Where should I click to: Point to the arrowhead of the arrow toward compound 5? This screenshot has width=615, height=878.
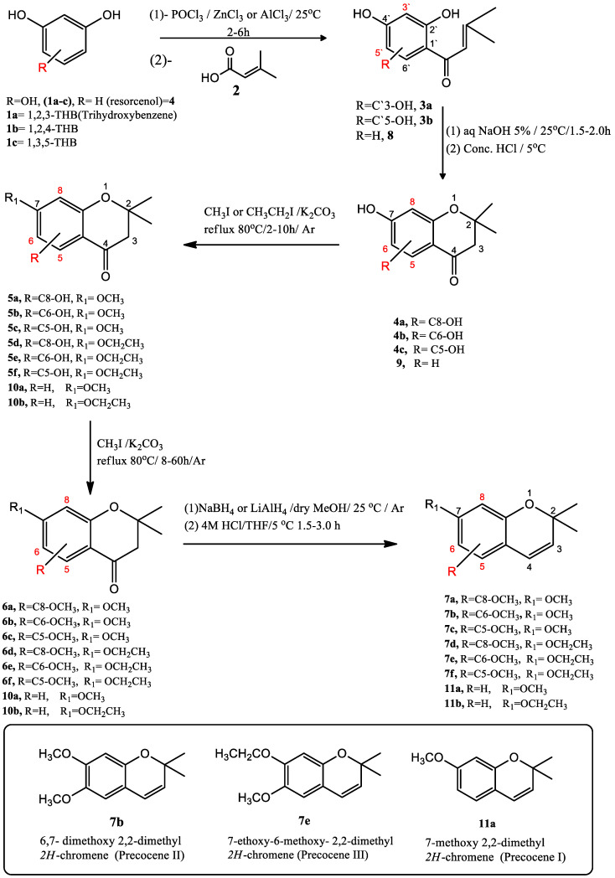pyautogui.click(x=183, y=245)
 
